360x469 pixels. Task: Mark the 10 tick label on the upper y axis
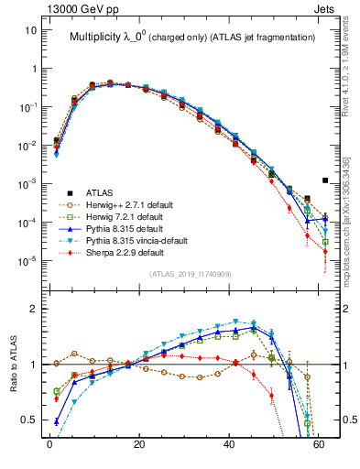coord(30,30)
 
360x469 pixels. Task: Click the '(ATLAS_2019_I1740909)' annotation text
coord(191,275)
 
